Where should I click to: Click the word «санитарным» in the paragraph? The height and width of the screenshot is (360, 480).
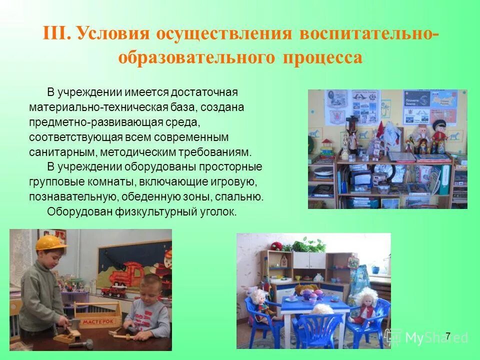[x=58, y=152]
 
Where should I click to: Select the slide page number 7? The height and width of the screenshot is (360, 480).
[x=447, y=335]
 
